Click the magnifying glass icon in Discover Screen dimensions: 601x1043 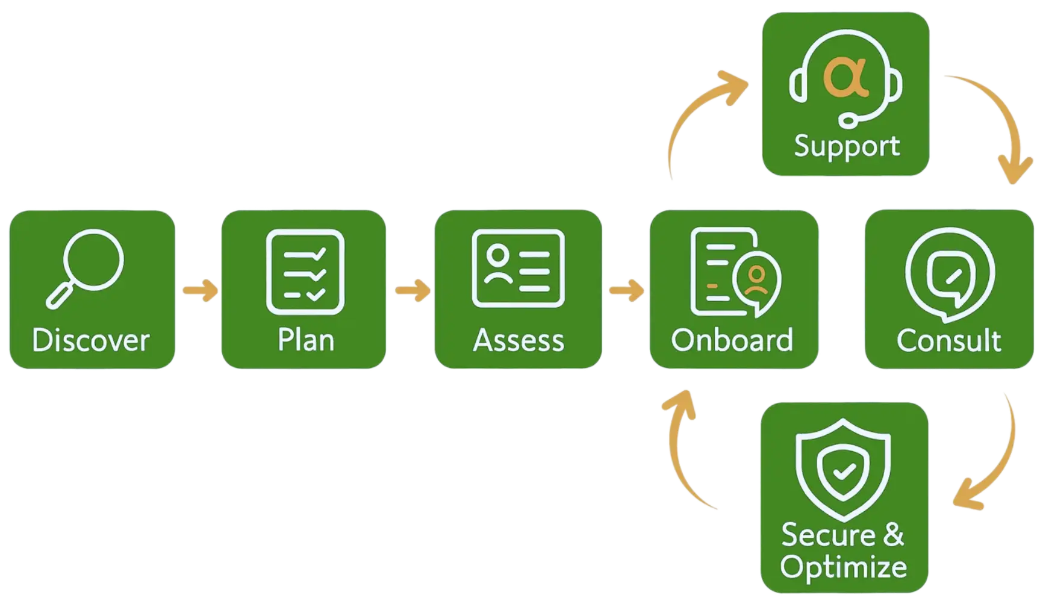click(86, 267)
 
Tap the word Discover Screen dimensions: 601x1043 click(90, 340)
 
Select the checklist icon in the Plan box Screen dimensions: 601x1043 click(305, 272)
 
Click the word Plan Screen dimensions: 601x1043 click(305, 340)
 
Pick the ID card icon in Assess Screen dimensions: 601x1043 click(518, 268)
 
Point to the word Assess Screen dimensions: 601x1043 click(518, 340)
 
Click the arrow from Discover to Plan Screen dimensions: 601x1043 click(199, 291)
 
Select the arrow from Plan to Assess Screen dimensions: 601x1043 click(412, 291)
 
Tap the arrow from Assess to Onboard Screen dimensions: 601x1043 click(626, 291)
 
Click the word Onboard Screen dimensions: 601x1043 click(732, 340)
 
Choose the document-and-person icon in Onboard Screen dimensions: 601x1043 click(735, 272)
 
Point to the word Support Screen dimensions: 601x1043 click(847, 146)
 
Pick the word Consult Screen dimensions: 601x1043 click(949, 340)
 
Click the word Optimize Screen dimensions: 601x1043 click(843, 567)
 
